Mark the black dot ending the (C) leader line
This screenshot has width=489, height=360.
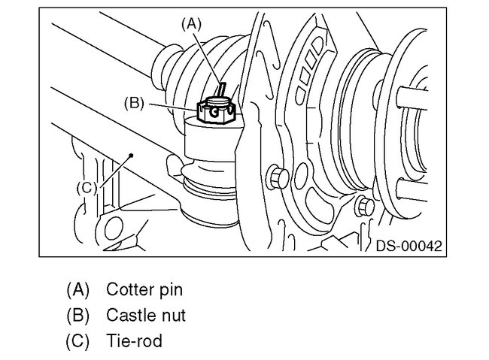click(131, 155)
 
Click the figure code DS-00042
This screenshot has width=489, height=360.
click(409, 246)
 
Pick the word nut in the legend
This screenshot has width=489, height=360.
click(173, 315)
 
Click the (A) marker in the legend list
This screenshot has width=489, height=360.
click(77, 289)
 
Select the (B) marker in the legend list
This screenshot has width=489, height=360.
click(77, 315)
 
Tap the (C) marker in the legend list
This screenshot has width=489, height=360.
click(77, 340)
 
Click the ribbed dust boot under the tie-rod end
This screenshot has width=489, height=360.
click(209, 188)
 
